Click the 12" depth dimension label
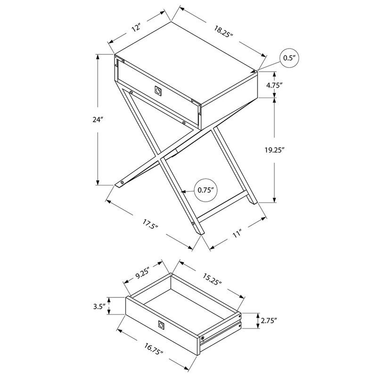pyautogui.click(x=136, y=28)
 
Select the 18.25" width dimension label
pyautogui.click(x=223, y=31)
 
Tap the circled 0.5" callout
pyautogui.click(x=289, y=58)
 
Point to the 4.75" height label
pyautogui.click(x=274, y=85)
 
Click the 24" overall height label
pyautogui.click(x=98, y=120)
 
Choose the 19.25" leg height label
pyautogui.click(x=275, y=150)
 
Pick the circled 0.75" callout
pyautogui.click(x=205, y=190)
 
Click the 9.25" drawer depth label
pyautogui.click(x=143, y=274)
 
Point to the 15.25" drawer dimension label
pyautogui.click(x=212, y=279)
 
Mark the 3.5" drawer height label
pyautogui.click(x=99, y=307)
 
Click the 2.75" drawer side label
pyautogui.click(x=269, y=320)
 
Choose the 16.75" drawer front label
pyautogui.click(x=154, y=349)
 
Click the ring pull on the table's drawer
pyautogui.click(x=158, y=91)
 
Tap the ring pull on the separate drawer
pyautogui.click(x=161, y=325)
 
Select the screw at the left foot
pyautogui.click(x=122, y=183)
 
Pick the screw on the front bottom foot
pyautogui.click(x=193, y=223)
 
